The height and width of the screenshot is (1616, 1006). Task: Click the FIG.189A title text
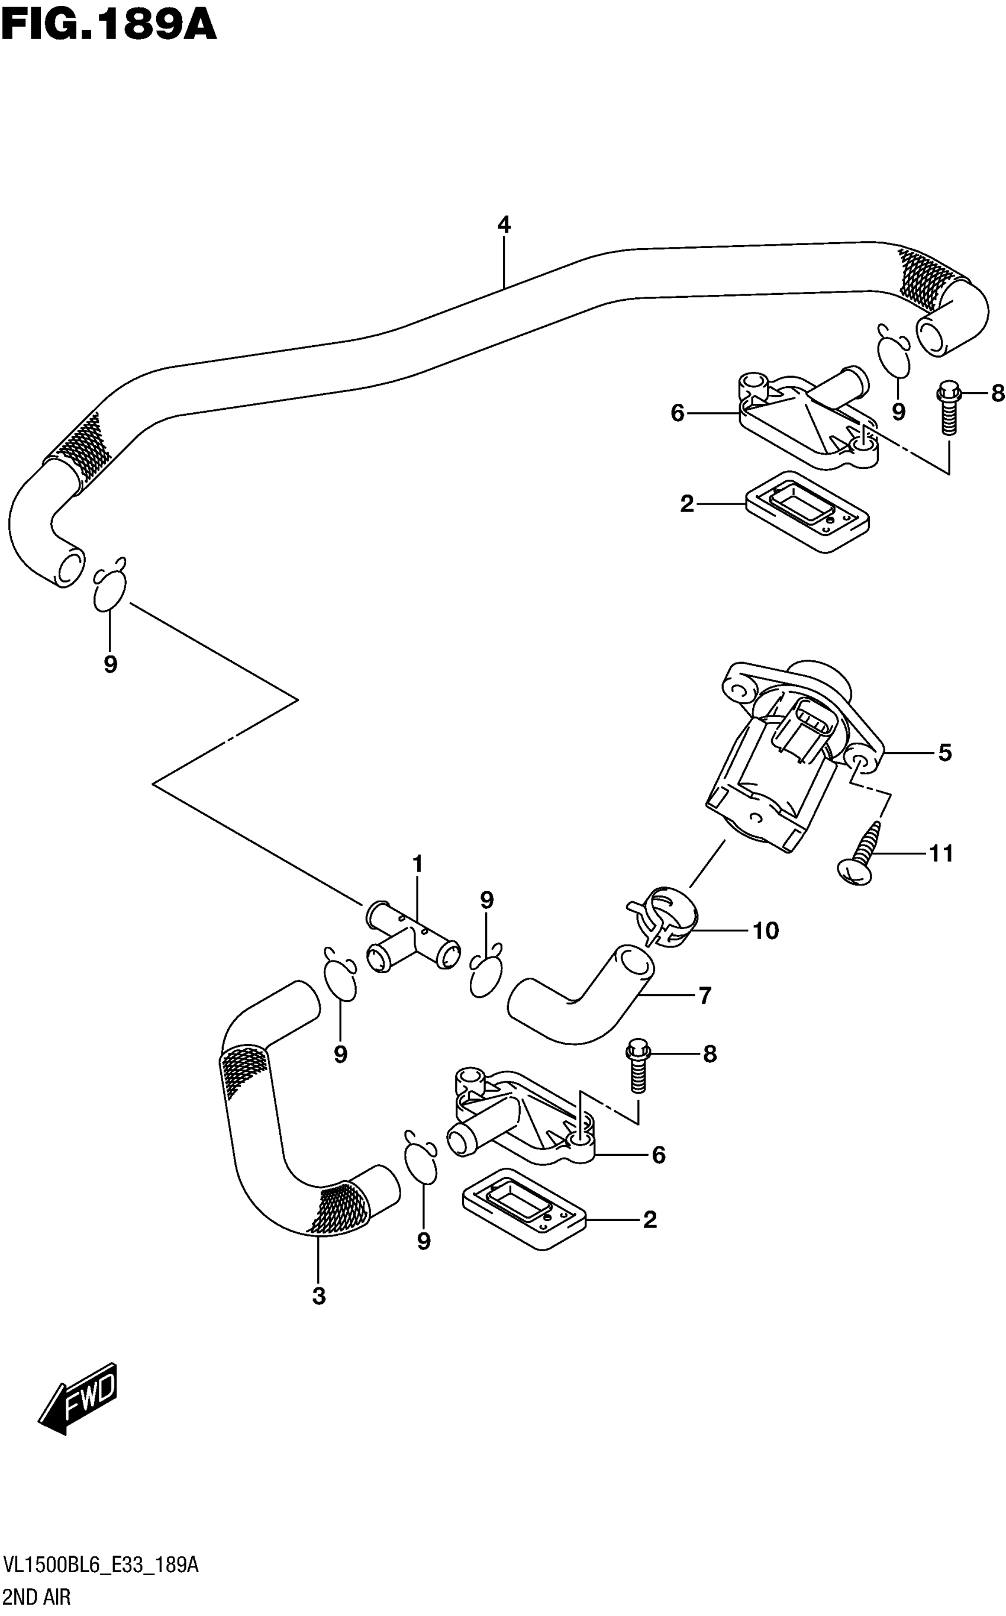tap(108, 26)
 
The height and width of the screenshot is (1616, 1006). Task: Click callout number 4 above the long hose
tap(504, 225)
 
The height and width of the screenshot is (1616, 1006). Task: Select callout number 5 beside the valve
tap(945, 753)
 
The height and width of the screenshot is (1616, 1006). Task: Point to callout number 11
tap(941, 853)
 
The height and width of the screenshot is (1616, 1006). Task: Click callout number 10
tap(765, 930)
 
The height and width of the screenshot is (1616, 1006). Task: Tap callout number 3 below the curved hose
tap(319, 1296)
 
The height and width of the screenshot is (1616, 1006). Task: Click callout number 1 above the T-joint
tap(417, 865)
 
